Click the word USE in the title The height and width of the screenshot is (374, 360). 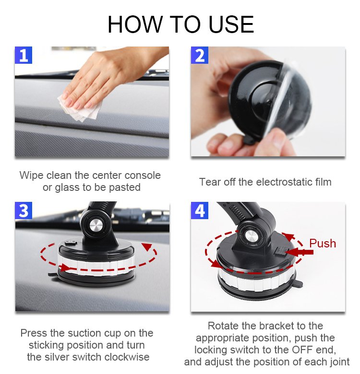pyautogui.click(x=231, y=24)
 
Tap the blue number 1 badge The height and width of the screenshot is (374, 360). pyautogui.click(x=24, y=55)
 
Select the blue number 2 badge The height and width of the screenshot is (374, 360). pyautogui.click(x=200, y=55)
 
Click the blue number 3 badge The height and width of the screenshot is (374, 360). pyautogui.click(x=24, y=210)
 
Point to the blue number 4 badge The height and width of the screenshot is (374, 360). pyautogui.click(x=200, y=210)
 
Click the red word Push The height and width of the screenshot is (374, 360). pyautogui.click(x=323, y=243)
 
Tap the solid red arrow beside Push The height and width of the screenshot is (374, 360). pyautogui.click(x=299, y=252)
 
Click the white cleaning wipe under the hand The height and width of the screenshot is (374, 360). pyautogui.click(x=81, y=108)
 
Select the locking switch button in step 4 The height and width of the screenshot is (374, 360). pyautogui.click(x=281, y=251)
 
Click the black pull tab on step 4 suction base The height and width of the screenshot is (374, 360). pyautogui.click(x=298, y=284)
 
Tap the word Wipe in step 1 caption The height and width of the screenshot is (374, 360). pyautogui.click(x=31, y=175)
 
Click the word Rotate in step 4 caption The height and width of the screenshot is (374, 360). pyautogui.click(x=223, y=326)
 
